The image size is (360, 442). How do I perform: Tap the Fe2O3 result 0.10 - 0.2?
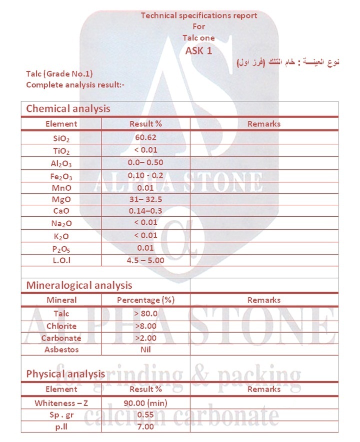point(145,174)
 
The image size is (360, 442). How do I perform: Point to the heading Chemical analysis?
point(68,108)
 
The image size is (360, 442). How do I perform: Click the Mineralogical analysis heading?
point(79,285)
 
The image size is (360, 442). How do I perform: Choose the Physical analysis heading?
point(65,374)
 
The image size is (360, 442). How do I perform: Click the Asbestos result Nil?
point(145,350)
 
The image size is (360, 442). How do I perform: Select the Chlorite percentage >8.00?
point(145,326)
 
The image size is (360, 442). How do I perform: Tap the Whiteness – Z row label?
point(61,403)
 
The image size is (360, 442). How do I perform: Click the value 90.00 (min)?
point(145,403)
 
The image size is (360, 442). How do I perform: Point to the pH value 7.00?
point(145,427)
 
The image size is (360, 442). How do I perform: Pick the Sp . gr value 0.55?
point(145,415)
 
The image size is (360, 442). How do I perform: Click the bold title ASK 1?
point(199,50)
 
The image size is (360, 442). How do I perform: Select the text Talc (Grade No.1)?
point(59,74)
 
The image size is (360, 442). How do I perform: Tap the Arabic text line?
point(287,62)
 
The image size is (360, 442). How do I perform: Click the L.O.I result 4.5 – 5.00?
point(145,260)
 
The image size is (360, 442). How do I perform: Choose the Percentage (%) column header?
point(145,300)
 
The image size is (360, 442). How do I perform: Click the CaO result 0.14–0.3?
point(145,211)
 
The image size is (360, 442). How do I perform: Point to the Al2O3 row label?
point(61,163)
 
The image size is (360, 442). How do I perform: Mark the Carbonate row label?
point(61,338)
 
